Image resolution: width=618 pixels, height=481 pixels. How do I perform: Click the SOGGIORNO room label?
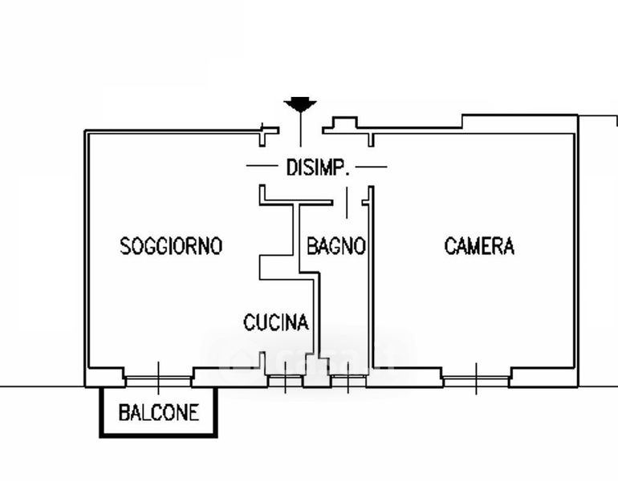[x=170, y=246]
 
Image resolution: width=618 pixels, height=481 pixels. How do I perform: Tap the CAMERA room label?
[x=479, y=246]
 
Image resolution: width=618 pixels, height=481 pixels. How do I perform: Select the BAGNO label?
[x=336, y=246]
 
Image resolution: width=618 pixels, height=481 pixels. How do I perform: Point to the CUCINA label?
[x=276, y=322]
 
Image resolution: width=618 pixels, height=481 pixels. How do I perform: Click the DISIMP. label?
[x=316, y=168]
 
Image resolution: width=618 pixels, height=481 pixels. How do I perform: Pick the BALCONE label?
[x=158, y=414]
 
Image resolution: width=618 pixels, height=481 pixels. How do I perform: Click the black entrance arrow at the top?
[x=300, y=104]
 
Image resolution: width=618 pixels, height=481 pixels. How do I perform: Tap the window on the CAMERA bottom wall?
[x=475, y=376]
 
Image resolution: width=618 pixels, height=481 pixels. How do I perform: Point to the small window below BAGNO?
[x=348, y=378]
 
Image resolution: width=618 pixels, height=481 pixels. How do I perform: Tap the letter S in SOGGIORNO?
[x=125, y=246]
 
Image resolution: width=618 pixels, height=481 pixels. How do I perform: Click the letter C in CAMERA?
[x=450, y=246]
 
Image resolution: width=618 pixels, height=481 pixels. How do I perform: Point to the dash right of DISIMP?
[x=371, y=167]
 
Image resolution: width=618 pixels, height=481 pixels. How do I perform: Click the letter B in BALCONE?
[x=123, y=414]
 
